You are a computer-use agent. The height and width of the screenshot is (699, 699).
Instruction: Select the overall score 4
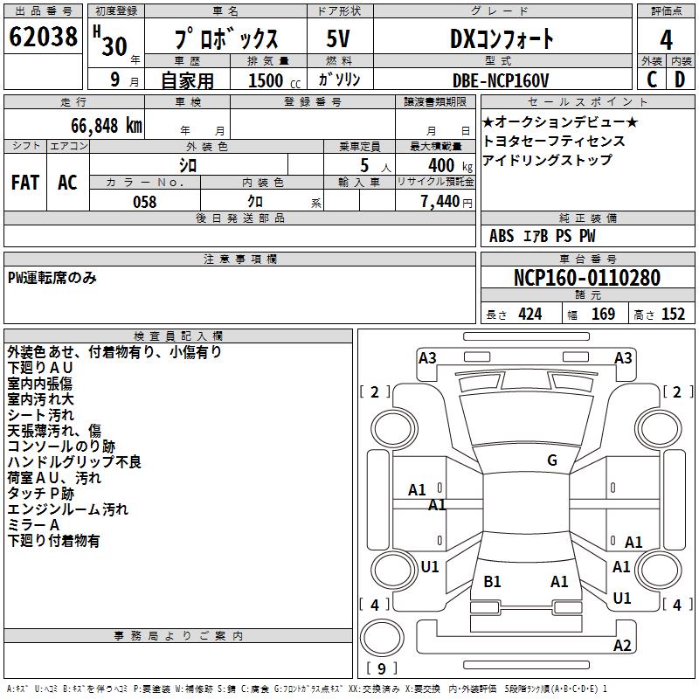tap(666, 40)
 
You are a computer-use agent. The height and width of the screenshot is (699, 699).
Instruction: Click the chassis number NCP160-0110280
tap(587, 278)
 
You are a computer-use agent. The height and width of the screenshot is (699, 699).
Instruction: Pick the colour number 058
tap(144, 201)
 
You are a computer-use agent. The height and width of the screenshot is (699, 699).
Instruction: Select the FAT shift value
tap(24, 182)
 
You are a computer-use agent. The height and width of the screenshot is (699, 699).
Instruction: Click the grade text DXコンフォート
tap(502, 38)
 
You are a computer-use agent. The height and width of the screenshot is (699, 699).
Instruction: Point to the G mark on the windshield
tap(551, 460)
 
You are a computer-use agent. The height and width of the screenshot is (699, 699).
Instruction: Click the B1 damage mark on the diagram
tap(492, 581)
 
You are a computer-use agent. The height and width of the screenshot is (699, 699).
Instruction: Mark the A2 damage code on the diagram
tap(622, 646)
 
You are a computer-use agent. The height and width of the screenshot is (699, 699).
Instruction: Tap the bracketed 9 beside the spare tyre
tap(381, 668)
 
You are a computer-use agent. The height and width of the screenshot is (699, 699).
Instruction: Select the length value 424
tap(529, 315)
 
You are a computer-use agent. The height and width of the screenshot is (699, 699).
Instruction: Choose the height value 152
tap(673, 315)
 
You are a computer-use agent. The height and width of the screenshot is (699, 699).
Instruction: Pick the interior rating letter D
tap(680, 80)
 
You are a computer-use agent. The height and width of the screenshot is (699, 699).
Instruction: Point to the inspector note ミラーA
tap(33, 524)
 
